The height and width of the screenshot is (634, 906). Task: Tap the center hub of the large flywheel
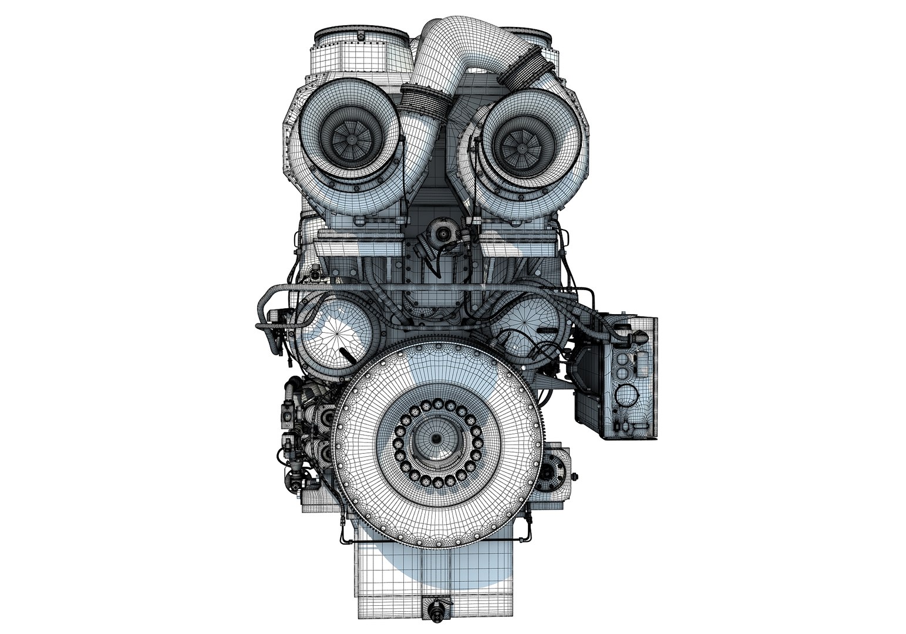coord(436,439)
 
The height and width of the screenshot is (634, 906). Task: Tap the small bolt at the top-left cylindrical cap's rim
coord(356,36)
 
